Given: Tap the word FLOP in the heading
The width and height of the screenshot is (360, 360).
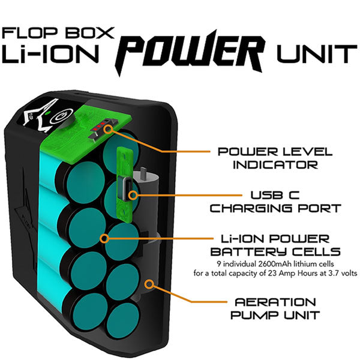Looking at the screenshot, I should (30, 32).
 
